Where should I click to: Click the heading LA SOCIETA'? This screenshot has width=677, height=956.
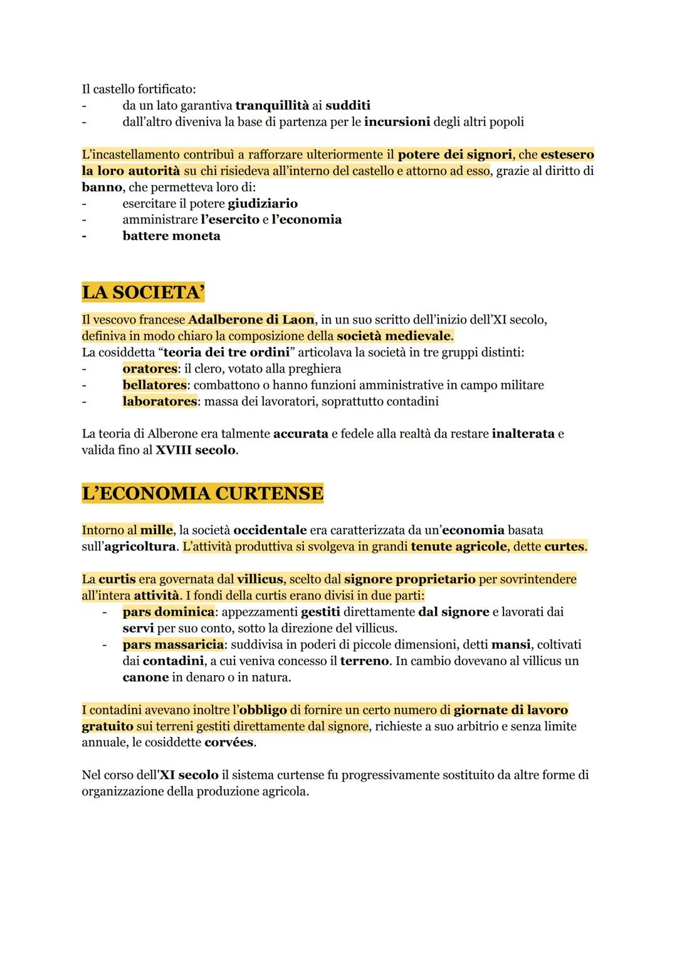pos(144,293)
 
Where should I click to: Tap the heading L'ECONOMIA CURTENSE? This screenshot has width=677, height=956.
pos(202,493)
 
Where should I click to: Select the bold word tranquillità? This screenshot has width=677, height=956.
pos(272,105)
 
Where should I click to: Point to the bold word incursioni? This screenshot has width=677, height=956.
pos(397,122)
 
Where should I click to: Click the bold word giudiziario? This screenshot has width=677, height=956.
pos(263,204)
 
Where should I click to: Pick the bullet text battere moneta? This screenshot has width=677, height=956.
pos(171,236)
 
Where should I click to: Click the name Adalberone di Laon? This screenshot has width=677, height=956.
pos(251,320)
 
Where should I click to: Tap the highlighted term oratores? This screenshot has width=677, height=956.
pos(150,369)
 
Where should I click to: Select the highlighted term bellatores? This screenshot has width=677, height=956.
pos(154,385)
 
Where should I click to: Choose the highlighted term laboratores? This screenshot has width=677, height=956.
pos(159,401)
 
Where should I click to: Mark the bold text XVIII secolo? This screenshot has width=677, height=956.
pos(196,450)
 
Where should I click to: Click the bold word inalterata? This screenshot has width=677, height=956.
pos(523,434)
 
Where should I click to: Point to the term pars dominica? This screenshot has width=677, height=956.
pos(168,612)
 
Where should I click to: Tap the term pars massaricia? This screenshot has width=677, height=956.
pos(173,644)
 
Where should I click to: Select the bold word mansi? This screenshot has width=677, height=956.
pos(510,644)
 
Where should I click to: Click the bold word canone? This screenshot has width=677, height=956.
pos(145,678)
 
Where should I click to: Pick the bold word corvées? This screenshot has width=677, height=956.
pos(229,743)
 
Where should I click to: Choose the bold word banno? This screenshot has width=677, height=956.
pos(102,187)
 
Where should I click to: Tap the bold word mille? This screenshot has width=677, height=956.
pos(156,530)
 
